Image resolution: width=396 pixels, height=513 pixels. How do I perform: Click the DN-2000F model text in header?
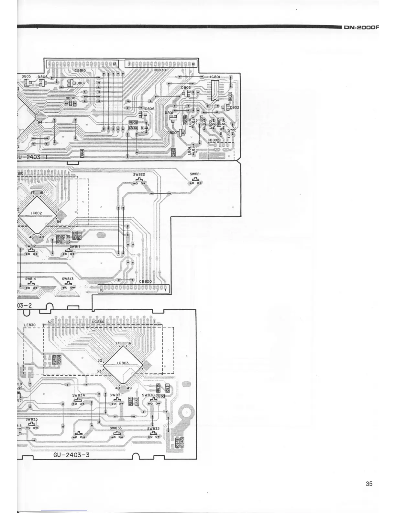pyautogui.click(x=361, y=28)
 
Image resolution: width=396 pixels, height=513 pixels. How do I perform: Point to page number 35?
pyautogui.click(x=369, y=484)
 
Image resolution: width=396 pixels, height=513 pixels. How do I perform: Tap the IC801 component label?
pyautogui.click(x=215, y=77)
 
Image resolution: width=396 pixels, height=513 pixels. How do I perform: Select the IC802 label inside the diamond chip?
pyautogui.click(x=37, y=213)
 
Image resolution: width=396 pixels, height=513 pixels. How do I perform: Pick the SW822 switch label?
pyautogui.click(x=139, y=175)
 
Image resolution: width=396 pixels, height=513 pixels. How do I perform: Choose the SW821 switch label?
pyautogui.click(x=195, y=174)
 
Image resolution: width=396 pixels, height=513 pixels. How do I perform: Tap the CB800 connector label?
pyautogui.click(x=145, y=281)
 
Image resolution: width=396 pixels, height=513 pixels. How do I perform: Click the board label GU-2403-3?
pyautogui.click(x=71, y=455)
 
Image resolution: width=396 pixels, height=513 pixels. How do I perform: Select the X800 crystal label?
pyautogui.click(x=71, y=98)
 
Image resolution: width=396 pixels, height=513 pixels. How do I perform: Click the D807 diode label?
pyautogui.click(x=81, y=83)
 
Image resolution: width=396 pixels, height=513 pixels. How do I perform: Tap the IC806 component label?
pyautogui.click(x=149, y=109)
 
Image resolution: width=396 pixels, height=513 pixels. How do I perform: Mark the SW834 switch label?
pyautogui.click(x=79, y=395)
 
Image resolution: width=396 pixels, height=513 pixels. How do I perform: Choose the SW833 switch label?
pyautogui.click(x=115, y=428)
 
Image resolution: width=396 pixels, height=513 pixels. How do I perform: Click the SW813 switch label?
pyautogui.click(x=68, y=279)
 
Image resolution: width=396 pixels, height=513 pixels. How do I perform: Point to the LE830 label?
pyautogui.click(x=30, y=325)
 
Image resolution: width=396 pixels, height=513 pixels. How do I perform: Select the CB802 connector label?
pyautogui.click(x=214, y=140)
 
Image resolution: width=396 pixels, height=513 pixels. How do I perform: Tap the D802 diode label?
pyautogui.click(x=235, y=108)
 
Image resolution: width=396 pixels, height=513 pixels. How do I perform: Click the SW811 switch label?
pyautogui.click(x=75, y=247)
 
